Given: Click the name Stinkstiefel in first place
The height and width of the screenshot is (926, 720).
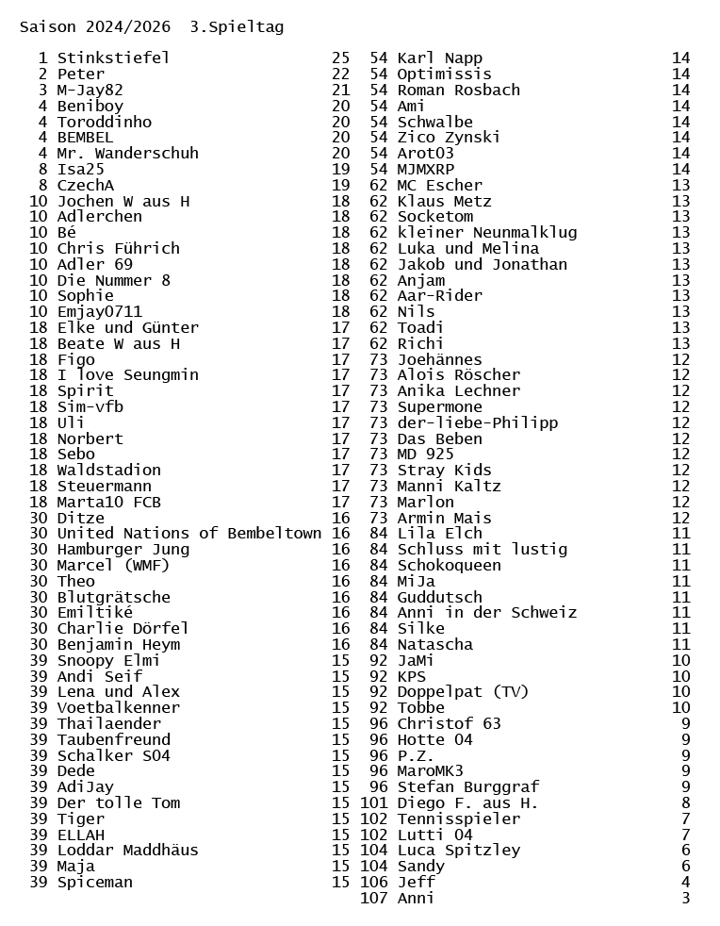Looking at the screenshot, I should coord(113,58).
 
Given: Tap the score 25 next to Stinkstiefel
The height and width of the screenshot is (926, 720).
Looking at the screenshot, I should coord(340,58).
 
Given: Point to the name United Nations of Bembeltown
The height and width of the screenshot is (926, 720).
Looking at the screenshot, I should coord(188,534).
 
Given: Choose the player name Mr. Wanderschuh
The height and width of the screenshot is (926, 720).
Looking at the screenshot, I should coord(127,153).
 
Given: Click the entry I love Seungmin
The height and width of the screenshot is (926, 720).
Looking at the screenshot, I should coord(127,375).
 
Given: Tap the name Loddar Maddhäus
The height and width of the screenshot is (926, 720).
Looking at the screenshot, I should coord(127,851).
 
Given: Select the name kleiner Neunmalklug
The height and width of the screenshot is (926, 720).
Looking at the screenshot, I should coord(486,233).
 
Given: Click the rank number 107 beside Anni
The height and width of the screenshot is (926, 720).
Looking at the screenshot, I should coord(374,899).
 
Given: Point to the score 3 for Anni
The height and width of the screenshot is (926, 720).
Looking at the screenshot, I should coord(685,899).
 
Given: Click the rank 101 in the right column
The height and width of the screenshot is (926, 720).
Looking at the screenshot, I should coord(374,803).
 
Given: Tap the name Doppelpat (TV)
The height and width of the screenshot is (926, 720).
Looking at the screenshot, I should coord(463,692).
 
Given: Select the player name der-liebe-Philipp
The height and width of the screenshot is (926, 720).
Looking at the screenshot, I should coord(477,422).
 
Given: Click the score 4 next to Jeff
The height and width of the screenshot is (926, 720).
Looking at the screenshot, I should coord(685,883).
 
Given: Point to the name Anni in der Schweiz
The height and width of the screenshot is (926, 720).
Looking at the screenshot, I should coord(486,613).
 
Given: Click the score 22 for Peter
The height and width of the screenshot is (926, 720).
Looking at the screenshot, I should coord(340,74).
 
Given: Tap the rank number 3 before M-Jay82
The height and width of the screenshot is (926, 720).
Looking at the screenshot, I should coord(42,91).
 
